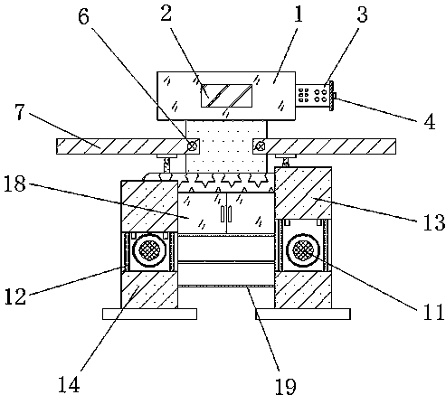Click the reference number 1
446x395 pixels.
coord(298,14)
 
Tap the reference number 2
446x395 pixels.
coord(166,14)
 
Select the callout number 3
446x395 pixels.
coord(363,14)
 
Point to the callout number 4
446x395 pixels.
coord(430,121)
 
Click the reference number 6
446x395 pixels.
coord(83,16)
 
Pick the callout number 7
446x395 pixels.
coord(20,112)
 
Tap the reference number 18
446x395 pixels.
coord(14,183)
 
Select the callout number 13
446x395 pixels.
coord(434,222)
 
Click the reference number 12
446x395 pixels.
coord(15,296)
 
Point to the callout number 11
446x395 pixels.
coord(434,312)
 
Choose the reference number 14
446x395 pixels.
coord(69,384)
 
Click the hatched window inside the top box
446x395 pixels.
coord(226,96)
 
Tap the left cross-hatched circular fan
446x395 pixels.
coord(150,249)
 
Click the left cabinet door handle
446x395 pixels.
coord(223,213)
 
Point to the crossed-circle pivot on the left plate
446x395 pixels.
coord(193,146)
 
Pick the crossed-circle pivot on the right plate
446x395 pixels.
coord(261,146)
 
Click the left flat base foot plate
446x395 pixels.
coord(149,314)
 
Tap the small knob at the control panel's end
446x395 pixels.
coord(335,96)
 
